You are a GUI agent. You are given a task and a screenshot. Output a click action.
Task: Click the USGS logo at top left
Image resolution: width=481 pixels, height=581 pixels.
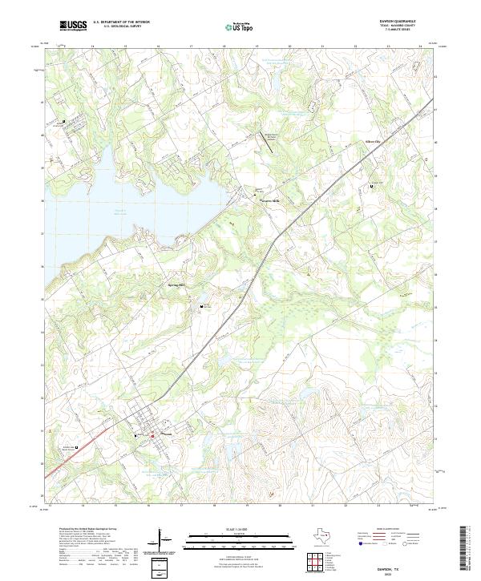(x=73, y=26)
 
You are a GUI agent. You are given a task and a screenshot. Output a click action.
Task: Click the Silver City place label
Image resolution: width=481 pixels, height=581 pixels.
(x=375, y=142)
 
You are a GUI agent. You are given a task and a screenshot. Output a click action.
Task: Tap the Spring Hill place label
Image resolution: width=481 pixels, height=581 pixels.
(x=176, y=284)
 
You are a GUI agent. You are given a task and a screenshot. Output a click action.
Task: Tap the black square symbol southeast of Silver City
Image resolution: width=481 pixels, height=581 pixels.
(x=372, y=186)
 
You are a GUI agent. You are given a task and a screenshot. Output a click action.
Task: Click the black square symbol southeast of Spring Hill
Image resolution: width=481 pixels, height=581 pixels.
(x=202, y=305)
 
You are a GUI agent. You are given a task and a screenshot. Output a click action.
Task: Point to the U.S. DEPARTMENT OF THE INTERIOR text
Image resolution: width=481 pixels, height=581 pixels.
(x=120, y=22)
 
